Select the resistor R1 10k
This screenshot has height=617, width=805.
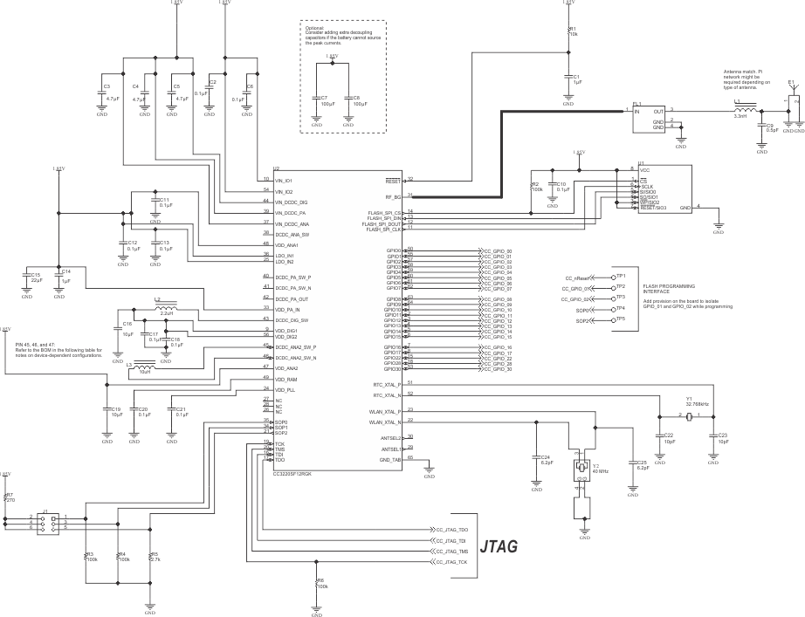point(569,32)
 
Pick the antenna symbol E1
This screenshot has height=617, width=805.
point(793,99)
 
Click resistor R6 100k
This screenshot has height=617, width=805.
point(317,583)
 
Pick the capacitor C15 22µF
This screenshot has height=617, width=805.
point(27,278)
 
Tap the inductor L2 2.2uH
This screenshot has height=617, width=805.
point(163,308)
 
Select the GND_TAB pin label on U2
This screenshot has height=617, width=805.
point(390,459)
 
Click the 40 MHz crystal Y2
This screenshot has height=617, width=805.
point(583,470)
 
